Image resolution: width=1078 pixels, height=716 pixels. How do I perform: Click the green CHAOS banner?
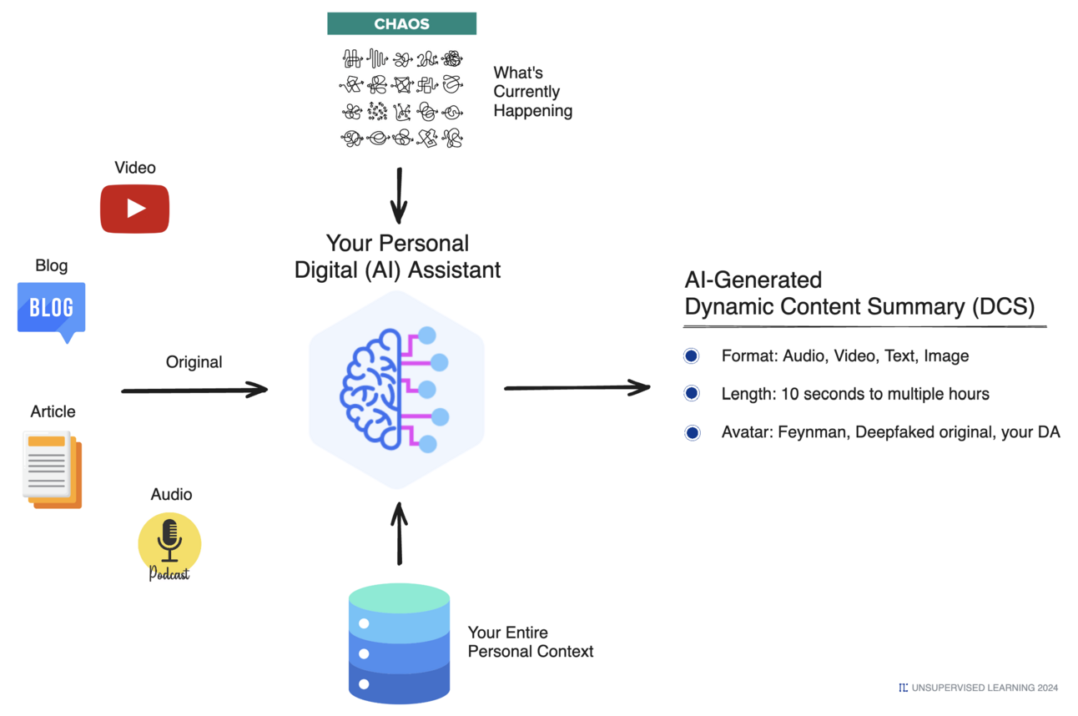point(401,23)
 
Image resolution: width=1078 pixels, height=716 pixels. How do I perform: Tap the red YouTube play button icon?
point(134,209)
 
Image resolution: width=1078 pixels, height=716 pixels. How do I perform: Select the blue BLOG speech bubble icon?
point(51,310)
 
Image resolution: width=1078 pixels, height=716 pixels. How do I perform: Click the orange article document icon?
point(52,470)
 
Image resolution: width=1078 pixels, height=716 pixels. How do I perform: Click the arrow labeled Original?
point(194,389)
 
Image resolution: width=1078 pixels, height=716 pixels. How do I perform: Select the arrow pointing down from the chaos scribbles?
point(399,195)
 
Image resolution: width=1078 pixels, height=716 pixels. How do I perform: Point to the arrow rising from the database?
point(400,534)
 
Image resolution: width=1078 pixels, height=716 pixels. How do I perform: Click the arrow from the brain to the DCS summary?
point(577,387)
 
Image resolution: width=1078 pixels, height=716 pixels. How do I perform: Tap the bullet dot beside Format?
point(691,356)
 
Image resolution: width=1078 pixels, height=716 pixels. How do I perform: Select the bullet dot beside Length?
point(691,393)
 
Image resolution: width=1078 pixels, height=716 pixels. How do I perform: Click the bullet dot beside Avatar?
point(692,432)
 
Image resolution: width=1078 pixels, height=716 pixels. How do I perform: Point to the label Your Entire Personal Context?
point(530,642)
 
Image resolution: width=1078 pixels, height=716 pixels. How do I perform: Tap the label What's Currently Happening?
point(532,92)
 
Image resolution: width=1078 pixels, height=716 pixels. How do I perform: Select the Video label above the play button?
point(135,168)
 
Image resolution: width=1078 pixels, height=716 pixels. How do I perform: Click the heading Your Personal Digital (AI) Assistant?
point(397,256)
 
